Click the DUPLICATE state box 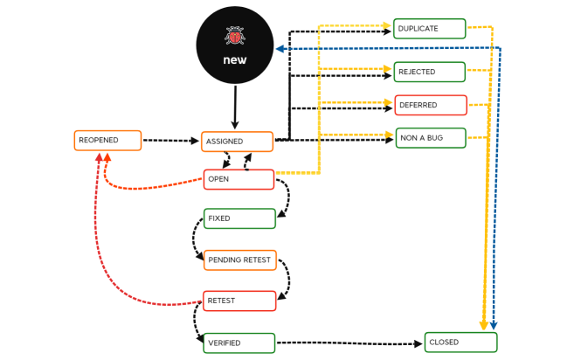(429, 29)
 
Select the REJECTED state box (429, 72)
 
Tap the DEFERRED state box (430, 105)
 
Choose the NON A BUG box (430, 138)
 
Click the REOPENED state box (107, 140)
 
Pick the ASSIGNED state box (237, 142)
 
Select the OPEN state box (239, 179)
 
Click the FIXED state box (239, 218)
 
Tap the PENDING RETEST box (239, 260)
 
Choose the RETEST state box (239, 301)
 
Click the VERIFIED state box (239, 343)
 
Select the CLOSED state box (460, 343)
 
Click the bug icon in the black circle (234, 36)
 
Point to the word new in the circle (234, 60)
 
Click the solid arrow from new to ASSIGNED (234, 107)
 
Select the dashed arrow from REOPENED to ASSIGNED (170, 140)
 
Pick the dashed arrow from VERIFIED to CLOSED (349, 343)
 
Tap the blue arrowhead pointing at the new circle (280, 49)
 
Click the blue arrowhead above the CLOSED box (494, 326)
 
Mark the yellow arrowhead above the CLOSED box (484, 325)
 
